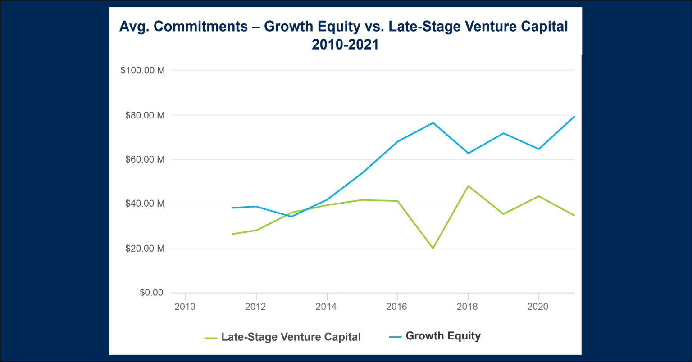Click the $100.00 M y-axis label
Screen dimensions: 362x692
coord(142,71)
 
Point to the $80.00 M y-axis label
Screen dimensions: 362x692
coord(145,115)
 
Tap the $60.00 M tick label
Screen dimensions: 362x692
coord(145,159)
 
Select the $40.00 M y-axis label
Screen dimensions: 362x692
coord(145,204)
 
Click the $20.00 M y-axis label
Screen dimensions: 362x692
coord(145,249)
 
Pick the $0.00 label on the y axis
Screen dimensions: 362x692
coord(151,293)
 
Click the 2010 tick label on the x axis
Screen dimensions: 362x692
coord(185,307)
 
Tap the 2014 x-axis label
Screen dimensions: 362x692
coord(326,307)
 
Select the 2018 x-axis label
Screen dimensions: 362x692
coord(468,307)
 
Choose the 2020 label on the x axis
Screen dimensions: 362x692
coord(538,307)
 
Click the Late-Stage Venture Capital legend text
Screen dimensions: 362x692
coord(291,337)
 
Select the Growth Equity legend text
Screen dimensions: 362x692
coord(443,336)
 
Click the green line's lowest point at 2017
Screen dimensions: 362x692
coord(432,248)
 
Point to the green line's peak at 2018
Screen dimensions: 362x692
coord(468,186)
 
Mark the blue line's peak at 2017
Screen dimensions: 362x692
coord(433,122)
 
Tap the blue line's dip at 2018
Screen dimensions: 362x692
coord(468,153)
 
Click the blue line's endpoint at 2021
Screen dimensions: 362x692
coord(574,117)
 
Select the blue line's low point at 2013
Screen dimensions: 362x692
coord(291,216)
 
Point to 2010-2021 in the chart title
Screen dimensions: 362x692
coord(345,45)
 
